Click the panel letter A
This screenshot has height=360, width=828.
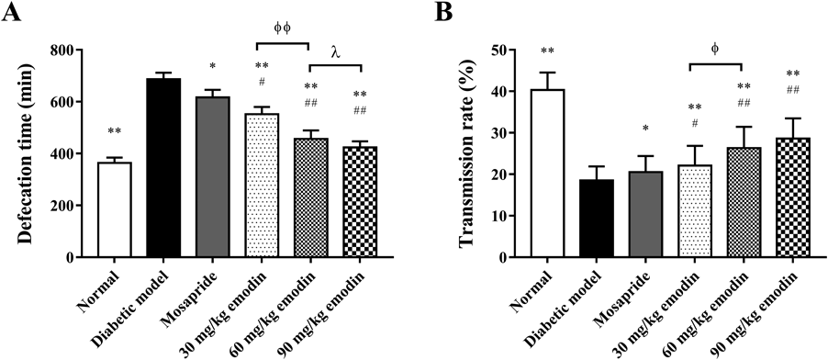point(11,12)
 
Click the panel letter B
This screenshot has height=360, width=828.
point(443,12)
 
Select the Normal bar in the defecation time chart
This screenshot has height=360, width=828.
point(115,210)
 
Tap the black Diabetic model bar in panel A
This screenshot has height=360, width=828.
point(163,168)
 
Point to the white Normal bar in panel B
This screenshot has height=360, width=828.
point(548,174)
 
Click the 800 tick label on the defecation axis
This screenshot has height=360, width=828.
point(66,51)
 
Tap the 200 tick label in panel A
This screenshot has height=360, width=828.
point(66,206)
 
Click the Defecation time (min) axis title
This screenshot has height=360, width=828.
point(27,153)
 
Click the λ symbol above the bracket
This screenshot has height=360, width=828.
point(335,51)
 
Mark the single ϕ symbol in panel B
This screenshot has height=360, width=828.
point(715,49)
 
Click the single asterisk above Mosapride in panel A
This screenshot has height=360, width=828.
point(212,66)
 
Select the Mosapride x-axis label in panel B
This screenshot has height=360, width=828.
point(624,298)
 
